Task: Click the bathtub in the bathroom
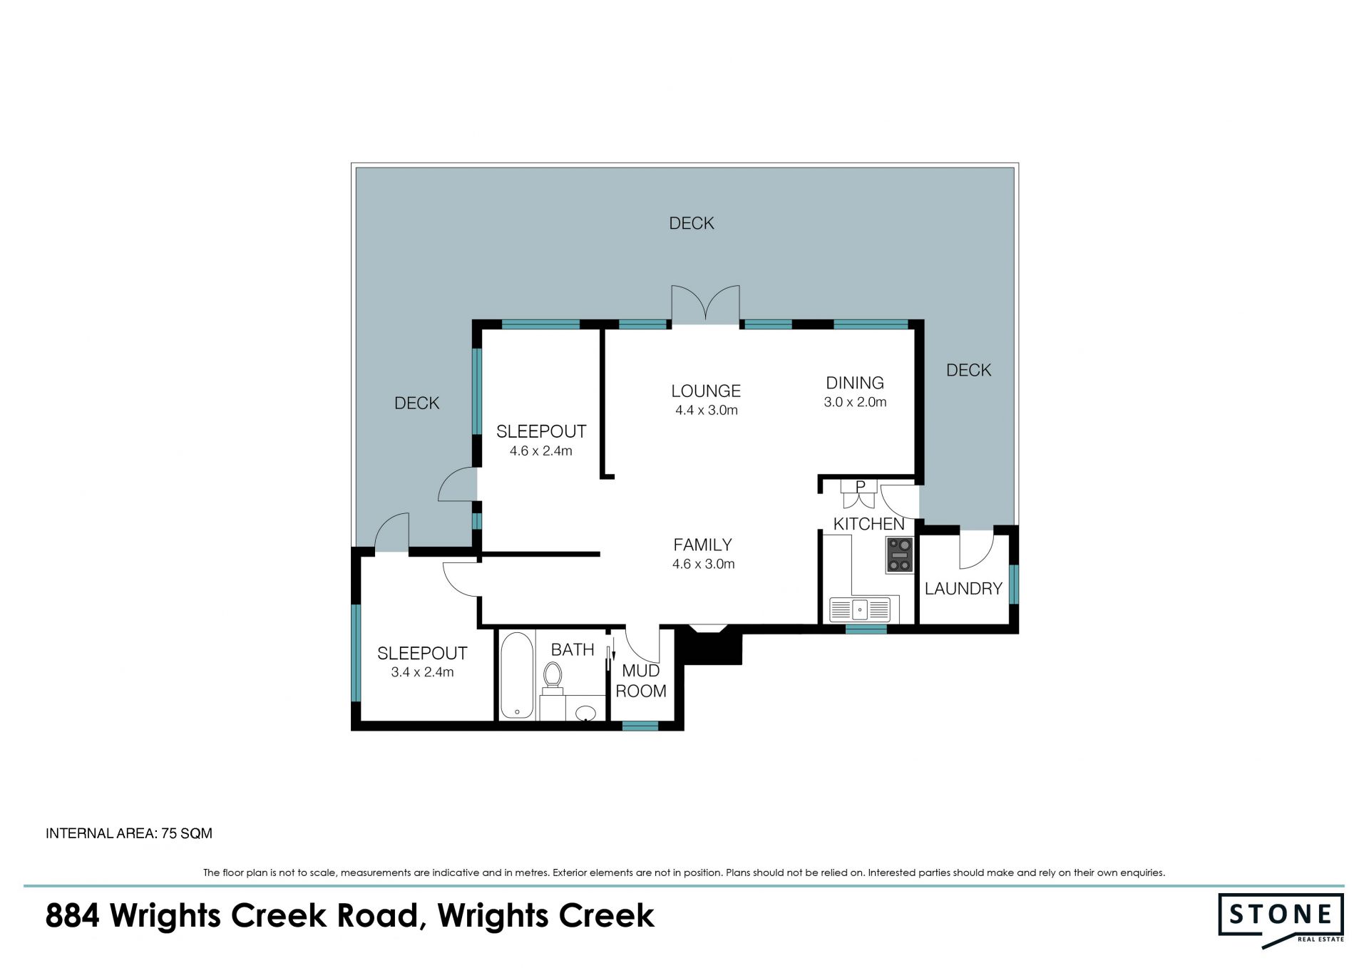pos(517,675)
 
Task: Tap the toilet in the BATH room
pos(553,678)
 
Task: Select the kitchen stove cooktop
pos(899,555)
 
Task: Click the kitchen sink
pos(860,609)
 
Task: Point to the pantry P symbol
pos(860,486)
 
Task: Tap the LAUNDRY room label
pos(963,588)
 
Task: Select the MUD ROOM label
pos(641,681)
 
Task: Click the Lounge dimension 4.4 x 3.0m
pos(707,410)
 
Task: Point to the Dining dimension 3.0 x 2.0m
pos(855,402)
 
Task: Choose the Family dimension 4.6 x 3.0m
pos(703,564)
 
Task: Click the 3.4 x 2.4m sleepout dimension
pos(422,672)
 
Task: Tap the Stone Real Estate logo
pos(1281,920)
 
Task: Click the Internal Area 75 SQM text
pos(129,833)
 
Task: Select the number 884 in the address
pos(72,916)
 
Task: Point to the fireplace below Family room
pos(709,645)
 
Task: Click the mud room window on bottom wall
pos(640,726)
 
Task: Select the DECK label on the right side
pos(968,370)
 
